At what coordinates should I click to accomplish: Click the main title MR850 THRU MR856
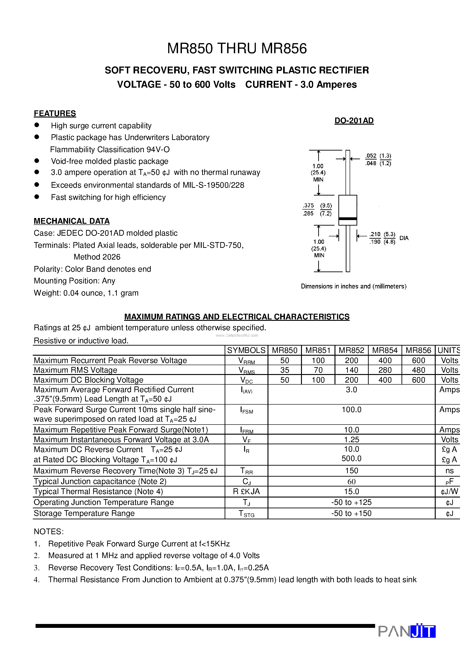tap(237, 48)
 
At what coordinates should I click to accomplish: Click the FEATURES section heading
tap(55, 113)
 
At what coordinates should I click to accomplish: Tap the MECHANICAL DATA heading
tap(72, 221)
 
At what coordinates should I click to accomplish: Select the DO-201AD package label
tap(354, 120)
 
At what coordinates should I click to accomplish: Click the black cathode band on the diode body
tap(347, 219)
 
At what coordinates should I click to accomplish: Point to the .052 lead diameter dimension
tap(371, 156)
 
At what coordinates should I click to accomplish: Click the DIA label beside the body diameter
tap(404, 238)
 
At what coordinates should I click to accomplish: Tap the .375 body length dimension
tap(308, 205)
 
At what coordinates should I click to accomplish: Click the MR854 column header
tap(385, 350)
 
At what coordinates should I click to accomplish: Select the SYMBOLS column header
tap(246, 350)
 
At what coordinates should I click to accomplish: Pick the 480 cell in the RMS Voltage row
tap(418, 370)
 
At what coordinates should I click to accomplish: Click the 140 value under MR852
tap(351, 370)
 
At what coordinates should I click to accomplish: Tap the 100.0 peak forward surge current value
tap(351, 409)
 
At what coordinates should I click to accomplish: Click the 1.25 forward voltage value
tap(351, 439)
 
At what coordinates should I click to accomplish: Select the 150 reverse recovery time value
tap(351, 470)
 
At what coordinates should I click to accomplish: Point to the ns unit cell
tap(449, 470)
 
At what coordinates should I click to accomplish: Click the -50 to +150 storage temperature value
tap(351, 513)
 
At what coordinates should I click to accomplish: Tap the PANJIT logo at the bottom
tap(407, 631)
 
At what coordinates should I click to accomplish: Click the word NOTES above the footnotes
tap(48, 531)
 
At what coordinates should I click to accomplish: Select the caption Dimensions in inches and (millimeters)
tap(354, 286)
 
